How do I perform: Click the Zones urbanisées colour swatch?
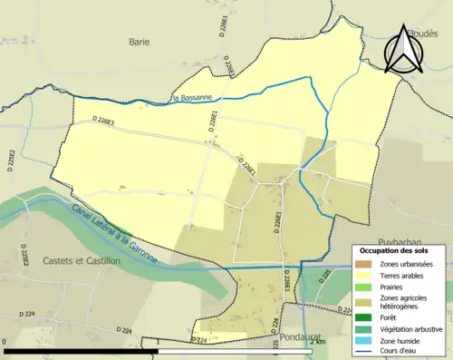[363, 264]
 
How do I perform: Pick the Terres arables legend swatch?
[363, 275]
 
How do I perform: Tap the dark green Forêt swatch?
[363, 317]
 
